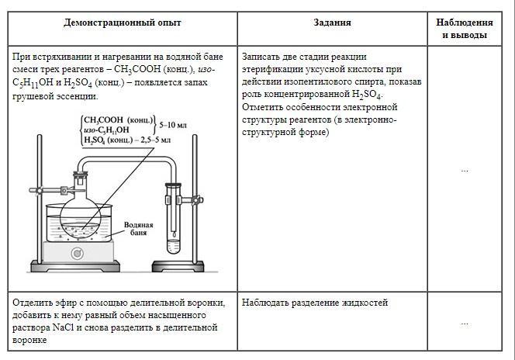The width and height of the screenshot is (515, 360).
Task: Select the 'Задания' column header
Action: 332,22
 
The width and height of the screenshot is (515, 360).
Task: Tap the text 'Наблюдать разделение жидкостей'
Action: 315,303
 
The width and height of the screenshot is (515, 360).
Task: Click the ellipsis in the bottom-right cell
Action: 464,322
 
